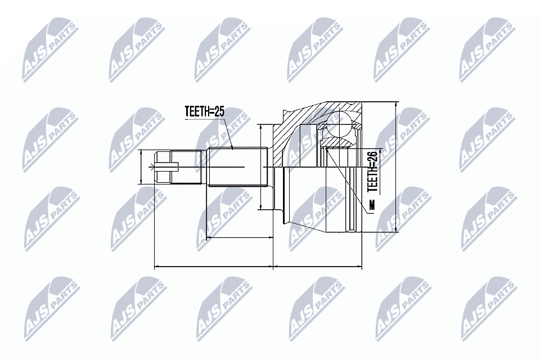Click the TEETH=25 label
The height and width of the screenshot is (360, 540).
pyautogui.click(x=205, y=112)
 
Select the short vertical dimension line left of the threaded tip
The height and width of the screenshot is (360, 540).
pyautogui.click(x=141, y=166)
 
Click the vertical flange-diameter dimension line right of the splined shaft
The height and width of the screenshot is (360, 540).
pyautogui.click(x=261, y=166)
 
